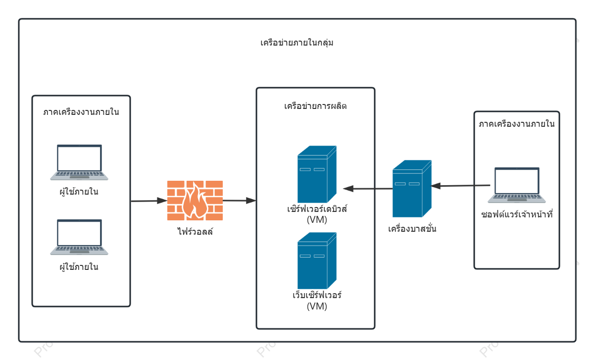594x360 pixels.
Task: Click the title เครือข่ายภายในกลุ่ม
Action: click(x=297, y=43)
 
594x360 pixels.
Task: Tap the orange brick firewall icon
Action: click(x=195, y=200)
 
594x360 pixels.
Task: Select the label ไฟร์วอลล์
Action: click(x=195, y=231)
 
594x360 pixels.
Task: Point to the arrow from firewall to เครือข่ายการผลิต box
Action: click(x=240, y=201)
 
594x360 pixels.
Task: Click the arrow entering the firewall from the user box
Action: click(x=149, y=201)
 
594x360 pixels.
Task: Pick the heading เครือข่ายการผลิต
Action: click(x=315, y=106)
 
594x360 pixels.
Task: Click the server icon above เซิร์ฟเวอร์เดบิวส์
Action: click(x=317, y=174)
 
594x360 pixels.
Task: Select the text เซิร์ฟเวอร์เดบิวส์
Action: click(x=317, y=208)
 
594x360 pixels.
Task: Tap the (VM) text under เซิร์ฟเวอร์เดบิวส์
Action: click(x=317, y=220)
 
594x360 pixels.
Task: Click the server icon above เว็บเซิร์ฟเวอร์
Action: click(x=317, y=261)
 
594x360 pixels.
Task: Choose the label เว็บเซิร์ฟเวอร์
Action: click(x=317, y=295)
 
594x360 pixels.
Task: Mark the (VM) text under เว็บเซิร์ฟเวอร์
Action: click(x=317, y=306)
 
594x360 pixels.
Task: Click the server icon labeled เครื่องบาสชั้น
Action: click(x=412, y=189)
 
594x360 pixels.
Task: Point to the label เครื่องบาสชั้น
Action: click(x=412, y=228)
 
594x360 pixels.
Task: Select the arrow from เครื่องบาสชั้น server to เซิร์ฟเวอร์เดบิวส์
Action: click(x=368, y=189)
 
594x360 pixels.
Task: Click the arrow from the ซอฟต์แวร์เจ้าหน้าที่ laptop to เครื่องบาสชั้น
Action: click(x=461, y=186)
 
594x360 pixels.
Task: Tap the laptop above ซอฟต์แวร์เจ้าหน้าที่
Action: click(x=517, y=185)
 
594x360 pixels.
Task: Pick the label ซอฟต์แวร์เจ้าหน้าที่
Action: click(x=517, y=214)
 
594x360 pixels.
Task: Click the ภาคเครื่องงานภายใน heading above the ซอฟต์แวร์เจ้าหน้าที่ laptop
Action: click(x=517, y=124)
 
